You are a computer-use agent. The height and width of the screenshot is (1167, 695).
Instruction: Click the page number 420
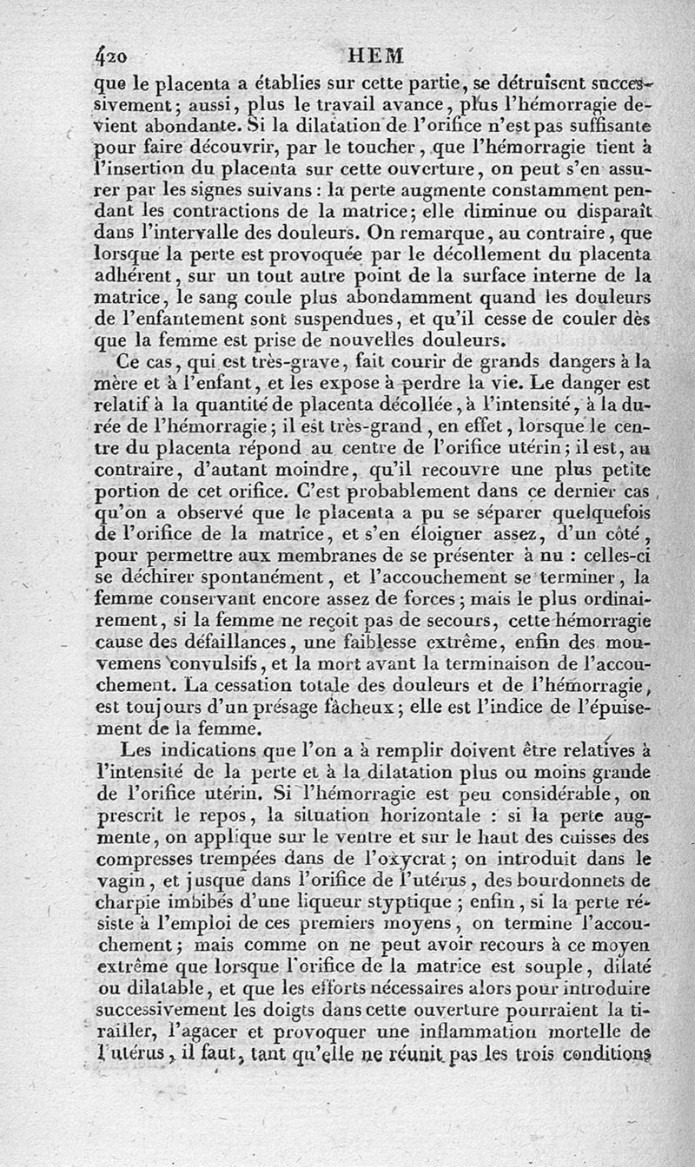click(111, 55)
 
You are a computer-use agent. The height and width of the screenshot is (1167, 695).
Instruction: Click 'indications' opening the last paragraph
click(218, 751)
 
